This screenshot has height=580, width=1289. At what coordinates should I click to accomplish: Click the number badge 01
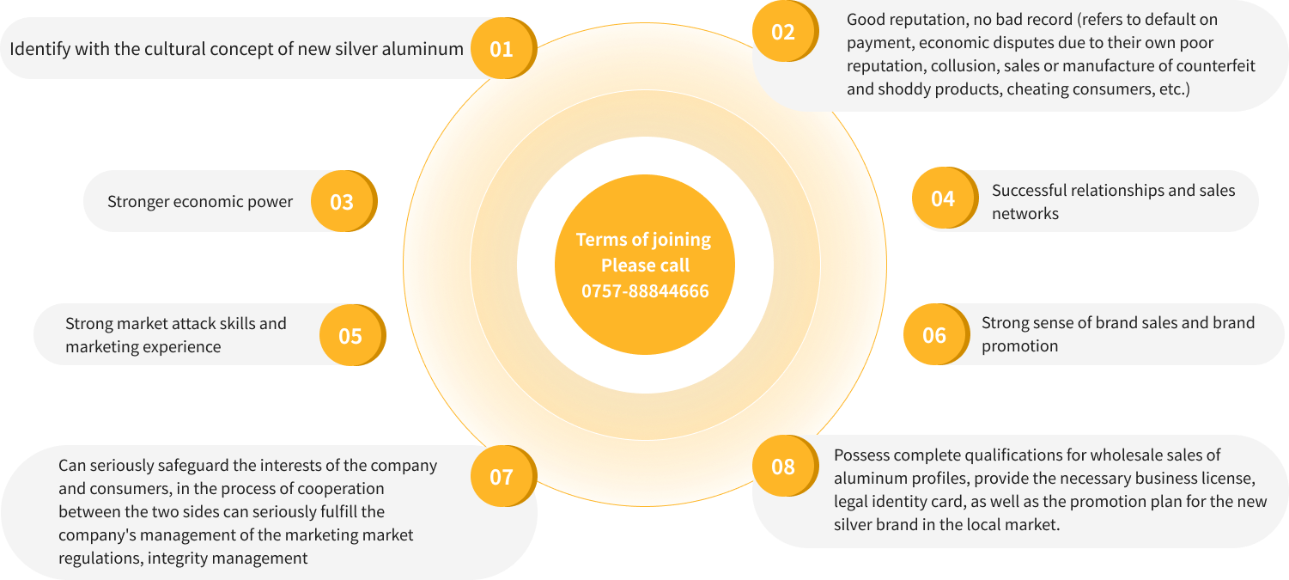[501, 48]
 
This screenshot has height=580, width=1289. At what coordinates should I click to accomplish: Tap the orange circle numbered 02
[782, 33]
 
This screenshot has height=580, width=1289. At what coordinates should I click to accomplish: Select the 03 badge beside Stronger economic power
[342, 202]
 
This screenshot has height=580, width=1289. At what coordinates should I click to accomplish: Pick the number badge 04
[942, 198]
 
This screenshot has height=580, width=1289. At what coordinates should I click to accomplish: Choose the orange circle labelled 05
[350, 335]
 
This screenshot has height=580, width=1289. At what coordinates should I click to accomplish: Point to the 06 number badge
[933, 334]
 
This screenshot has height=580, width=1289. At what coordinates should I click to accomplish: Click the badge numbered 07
[501, 476]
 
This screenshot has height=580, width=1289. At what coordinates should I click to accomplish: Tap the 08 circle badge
[782, 467]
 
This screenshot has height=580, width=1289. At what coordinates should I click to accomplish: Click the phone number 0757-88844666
[645, 291]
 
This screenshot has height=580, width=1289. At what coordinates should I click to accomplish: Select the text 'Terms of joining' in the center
[643, 240]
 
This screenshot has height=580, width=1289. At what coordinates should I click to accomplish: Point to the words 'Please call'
[645, 266]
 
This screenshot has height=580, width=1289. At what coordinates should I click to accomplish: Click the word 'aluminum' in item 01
[425, 48]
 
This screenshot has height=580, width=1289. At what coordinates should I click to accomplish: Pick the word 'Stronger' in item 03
[138, 202]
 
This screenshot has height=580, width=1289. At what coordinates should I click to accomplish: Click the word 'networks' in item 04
[1025, 213]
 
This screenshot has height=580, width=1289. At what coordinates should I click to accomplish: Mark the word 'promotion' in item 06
[1019, 346]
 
